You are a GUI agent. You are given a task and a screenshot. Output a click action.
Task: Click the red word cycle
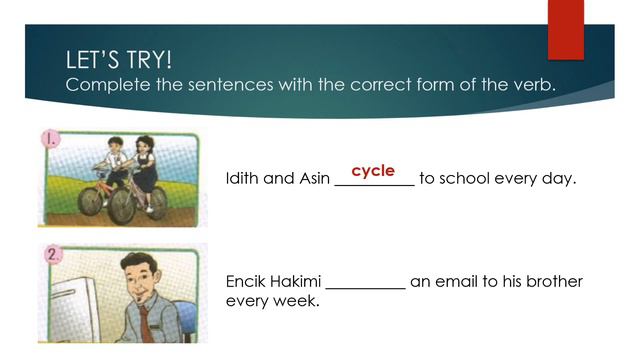click(373, 171)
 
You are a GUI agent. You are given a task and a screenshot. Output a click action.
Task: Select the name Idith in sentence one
click(245, 180)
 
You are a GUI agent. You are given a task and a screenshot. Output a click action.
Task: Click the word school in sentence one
click(464, 180)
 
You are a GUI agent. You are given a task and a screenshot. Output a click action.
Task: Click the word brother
click(551, 282)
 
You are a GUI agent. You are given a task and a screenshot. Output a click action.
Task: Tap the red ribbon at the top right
click(565, 28)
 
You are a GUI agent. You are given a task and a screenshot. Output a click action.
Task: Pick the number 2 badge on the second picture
click(53, 255)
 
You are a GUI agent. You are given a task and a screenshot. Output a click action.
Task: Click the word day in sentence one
click(559, 181)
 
